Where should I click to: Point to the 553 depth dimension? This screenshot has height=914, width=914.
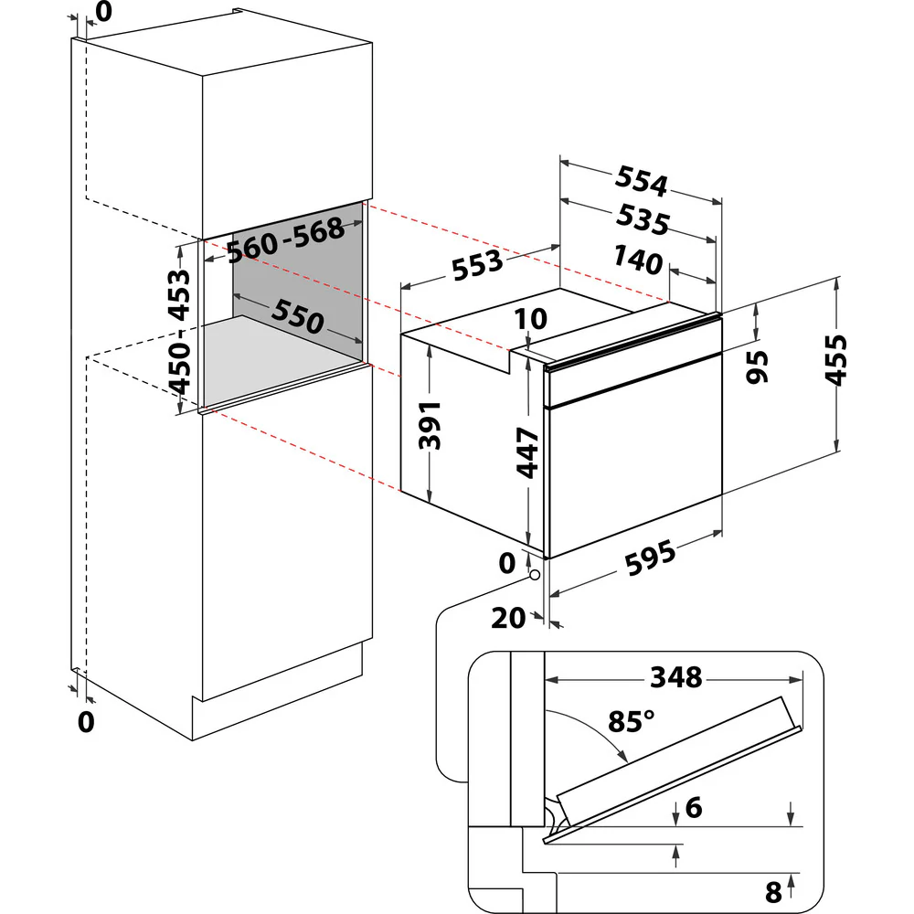[x=476, y=264]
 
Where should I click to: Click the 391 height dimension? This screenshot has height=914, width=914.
[x=430, y=424]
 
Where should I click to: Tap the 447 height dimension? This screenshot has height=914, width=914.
[x=527, y=452]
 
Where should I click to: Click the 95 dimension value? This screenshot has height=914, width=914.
[x=757, y=367]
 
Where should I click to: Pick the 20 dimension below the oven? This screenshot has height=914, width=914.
[x=508, y=619]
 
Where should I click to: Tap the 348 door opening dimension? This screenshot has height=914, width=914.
[x=675, y=677]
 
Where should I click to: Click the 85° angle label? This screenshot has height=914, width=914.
[x=630, y=721]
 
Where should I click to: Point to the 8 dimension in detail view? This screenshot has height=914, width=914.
[x=774, y=888]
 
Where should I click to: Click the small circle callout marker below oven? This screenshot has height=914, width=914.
[x=534, y=575]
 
